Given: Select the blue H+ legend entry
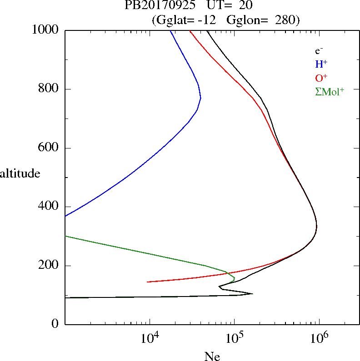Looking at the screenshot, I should pyautogui.click(x=321, y=64).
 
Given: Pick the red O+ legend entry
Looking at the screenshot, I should pyautogui.click(x=321, y=78).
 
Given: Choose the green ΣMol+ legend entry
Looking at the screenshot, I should pyautogui.click(x=329, y=91).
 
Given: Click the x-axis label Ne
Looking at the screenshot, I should pyautogui.click(x=212, y=357).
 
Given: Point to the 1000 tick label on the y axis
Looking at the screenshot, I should pyautogui.click(x=46, y=30).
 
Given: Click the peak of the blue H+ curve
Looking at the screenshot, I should pyautogui.click(x=200, y=98).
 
